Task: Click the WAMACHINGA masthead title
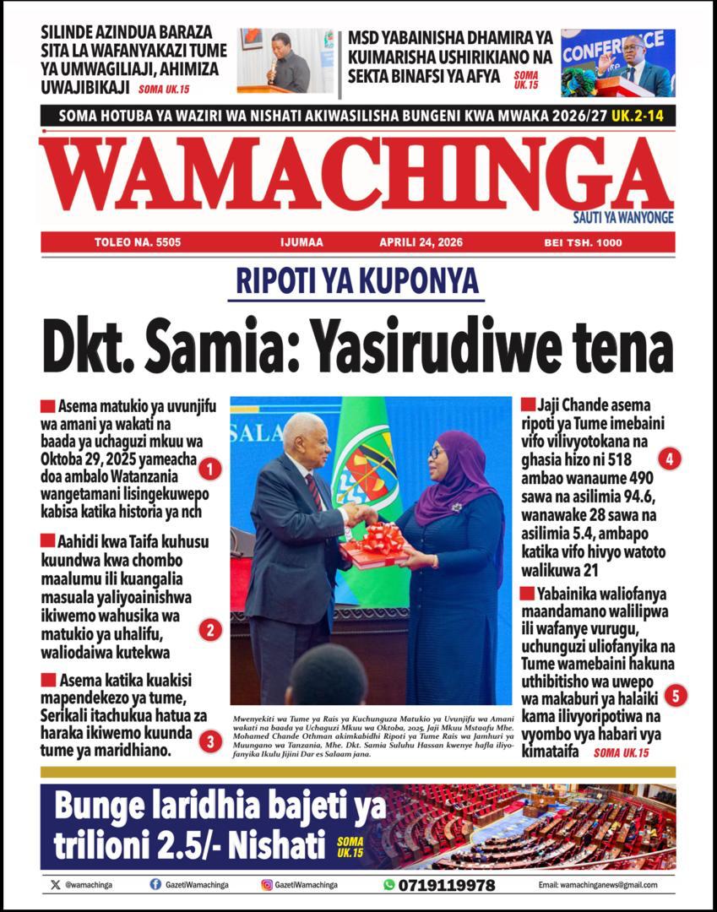[x=358, y=175]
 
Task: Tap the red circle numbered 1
[x=211, y=468]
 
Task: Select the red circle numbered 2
[x=210, y=629]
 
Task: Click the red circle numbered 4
[x=670, y=459]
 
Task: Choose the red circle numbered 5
[x=675, y=696]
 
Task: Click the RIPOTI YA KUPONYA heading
[x=357, y=281]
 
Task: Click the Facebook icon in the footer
[x=155, y=884]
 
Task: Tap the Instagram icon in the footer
[x=267, y=884]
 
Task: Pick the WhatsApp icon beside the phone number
[x=388, y=885]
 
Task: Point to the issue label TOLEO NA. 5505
[x=138, y=242]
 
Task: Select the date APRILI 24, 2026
[x=421, y=242]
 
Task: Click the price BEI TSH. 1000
[x=583, y=242]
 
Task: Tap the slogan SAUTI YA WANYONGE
[x=623, y=218]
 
